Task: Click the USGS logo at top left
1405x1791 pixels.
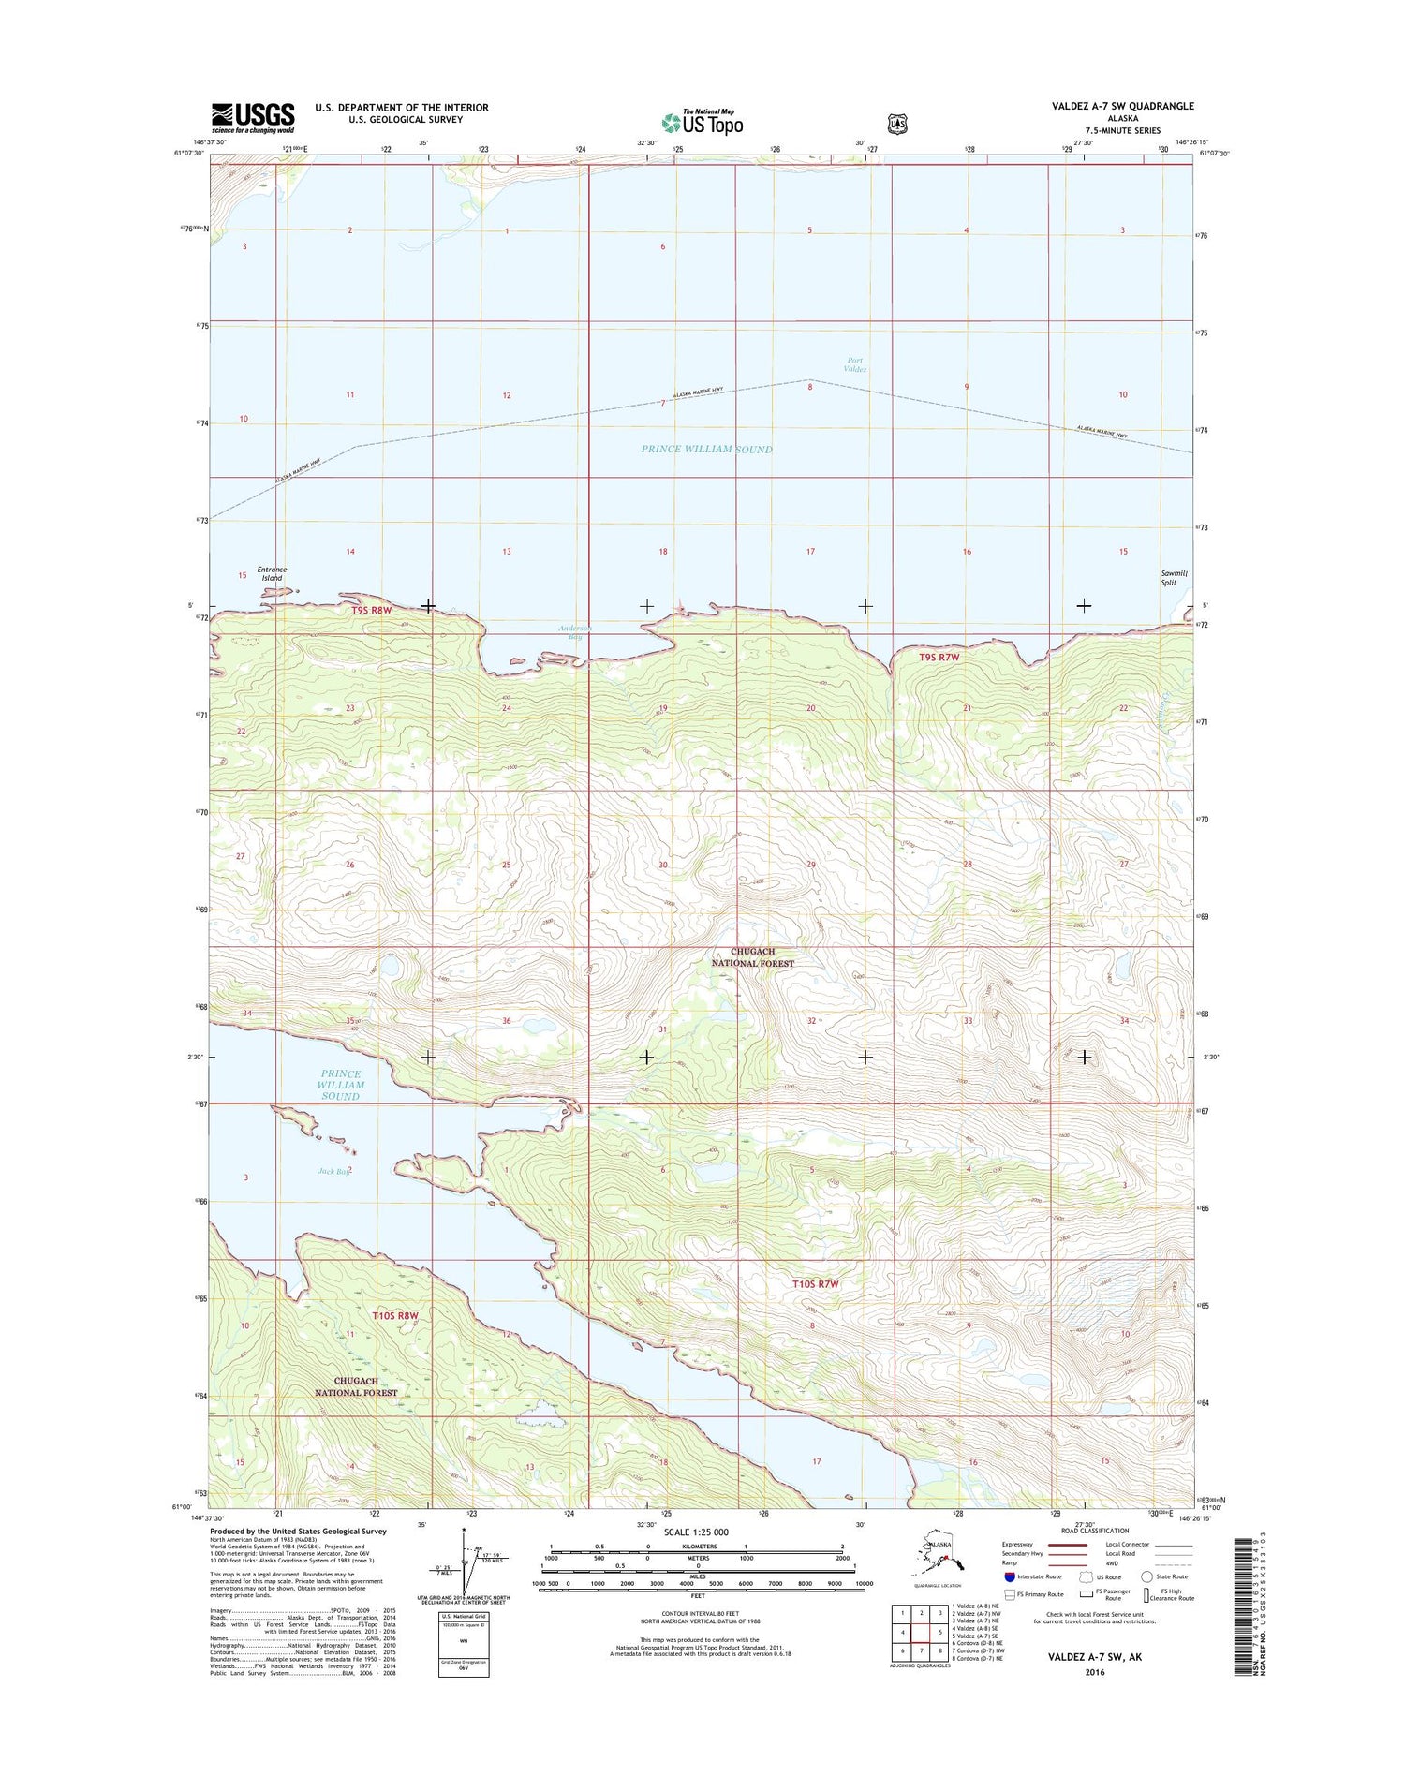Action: [253, 117]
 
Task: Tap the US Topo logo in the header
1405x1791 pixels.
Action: [702, 122]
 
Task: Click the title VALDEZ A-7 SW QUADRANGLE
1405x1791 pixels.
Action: [1122, 106]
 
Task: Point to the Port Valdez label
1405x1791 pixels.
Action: [855, 364]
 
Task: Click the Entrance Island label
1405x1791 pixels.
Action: [272, 573]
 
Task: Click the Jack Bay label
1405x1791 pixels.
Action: [333, 1171]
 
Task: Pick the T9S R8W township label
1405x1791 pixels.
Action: [371, 610]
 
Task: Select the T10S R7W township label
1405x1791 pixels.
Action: [814, 1284]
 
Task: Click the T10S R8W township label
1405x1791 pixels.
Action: [393, 1316]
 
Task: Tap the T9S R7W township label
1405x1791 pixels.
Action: [939, 658]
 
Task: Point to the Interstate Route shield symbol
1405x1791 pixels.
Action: [1009, 1576]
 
